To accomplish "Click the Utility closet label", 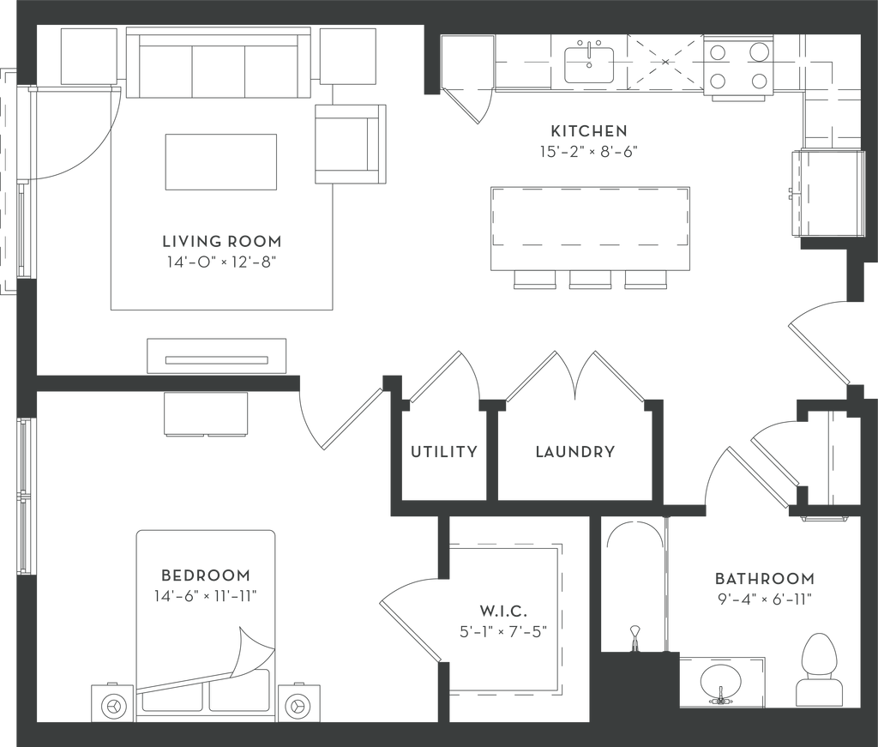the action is pos(442,452).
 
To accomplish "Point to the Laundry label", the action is pos(574,452).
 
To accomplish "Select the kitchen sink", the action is pos(591,61).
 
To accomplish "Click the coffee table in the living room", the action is pos(222,161).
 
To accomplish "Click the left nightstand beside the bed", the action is pos(113,705).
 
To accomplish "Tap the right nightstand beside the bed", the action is pos(297,705).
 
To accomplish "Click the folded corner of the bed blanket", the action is pos(250,652).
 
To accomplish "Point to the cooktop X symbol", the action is pos(666,62).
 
